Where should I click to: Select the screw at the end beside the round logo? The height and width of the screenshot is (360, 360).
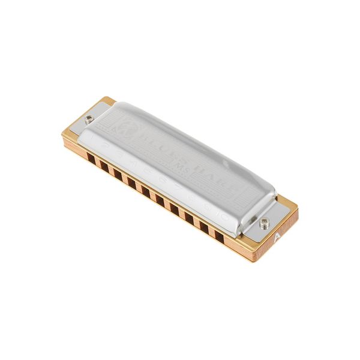[x=89, y=119]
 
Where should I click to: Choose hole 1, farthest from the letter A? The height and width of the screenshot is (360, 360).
[x=91, y=158]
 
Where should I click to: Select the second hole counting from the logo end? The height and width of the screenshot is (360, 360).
[x=105, y=166]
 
